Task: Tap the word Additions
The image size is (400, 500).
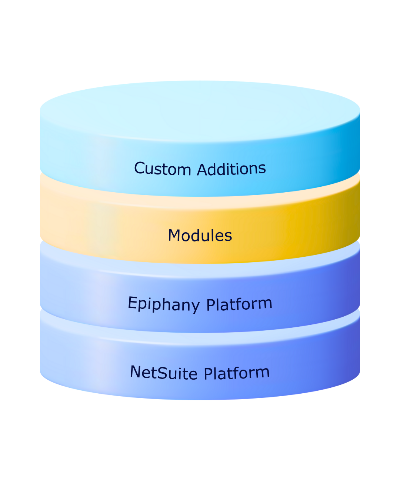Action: pos(231,169)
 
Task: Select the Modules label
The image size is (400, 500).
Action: pos(200,236)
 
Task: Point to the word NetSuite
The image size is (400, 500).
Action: pos(163,372)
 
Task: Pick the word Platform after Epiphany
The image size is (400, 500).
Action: pos(239,304)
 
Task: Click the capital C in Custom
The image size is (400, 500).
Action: pos(139,168)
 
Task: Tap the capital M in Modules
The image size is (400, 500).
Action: pos(174,236)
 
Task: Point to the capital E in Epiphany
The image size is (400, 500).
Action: pos(133,303)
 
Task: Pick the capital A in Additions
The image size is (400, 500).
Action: pos(202,170)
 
